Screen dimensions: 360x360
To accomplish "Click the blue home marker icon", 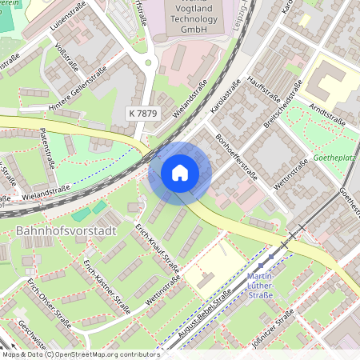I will [180, 173].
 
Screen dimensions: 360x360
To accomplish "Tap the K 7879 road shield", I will [142, 114].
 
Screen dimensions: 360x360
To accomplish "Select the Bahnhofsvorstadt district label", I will [66, 231].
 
